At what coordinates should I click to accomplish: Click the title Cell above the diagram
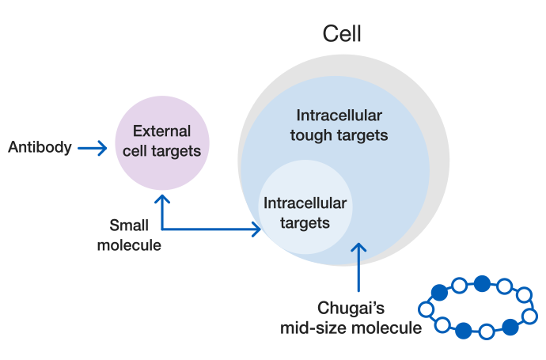pos(342,34)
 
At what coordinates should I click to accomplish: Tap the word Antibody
pos(40,147)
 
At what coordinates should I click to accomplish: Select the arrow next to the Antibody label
pos(93,148)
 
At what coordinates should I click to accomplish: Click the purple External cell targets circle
pos(162,142)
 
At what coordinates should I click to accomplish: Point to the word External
pos(162,131)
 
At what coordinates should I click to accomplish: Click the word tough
pos(311,135)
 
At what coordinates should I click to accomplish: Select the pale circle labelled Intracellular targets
pos(305,207)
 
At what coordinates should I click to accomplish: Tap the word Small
pos(129,225)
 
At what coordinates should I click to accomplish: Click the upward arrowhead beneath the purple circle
pos(162,199)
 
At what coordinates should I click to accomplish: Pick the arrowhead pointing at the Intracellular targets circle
pos(257,229)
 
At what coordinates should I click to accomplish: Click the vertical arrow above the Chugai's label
pos(358,267)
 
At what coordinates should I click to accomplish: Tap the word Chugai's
pos(351,308)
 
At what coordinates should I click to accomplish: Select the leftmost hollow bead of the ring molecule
pos(427,309)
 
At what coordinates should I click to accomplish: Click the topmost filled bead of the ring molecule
pos(482,283)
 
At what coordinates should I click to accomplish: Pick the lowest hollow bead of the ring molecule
pos(487,332)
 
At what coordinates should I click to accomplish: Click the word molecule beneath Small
pos(129,245)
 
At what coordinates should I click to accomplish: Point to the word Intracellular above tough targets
pos(339,116)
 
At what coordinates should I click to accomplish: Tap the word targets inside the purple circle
pos(176,151)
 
